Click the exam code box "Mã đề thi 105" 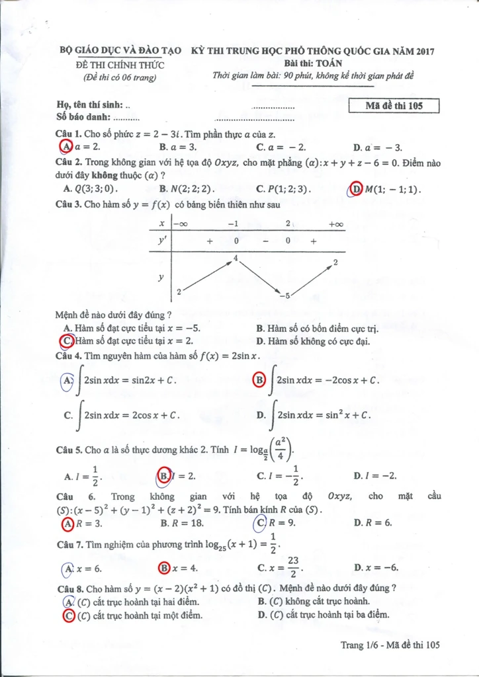pos(394,106)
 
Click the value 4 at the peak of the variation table pos(235,257)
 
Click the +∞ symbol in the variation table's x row pos(336,224)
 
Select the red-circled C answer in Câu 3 pos(66,341)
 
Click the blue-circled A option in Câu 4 pos(67,381)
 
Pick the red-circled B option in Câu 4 pos(260,380)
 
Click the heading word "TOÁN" pos(328,63)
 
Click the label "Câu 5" pos(69,450)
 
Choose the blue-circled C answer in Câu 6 pos(261,523)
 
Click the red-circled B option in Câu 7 pos(164,568)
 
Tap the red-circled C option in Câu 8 pos(67,616)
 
